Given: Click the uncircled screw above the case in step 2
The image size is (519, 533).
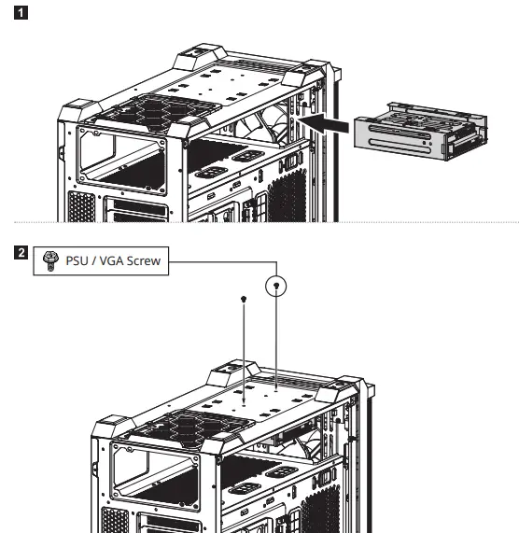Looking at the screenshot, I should coord(244,300).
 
